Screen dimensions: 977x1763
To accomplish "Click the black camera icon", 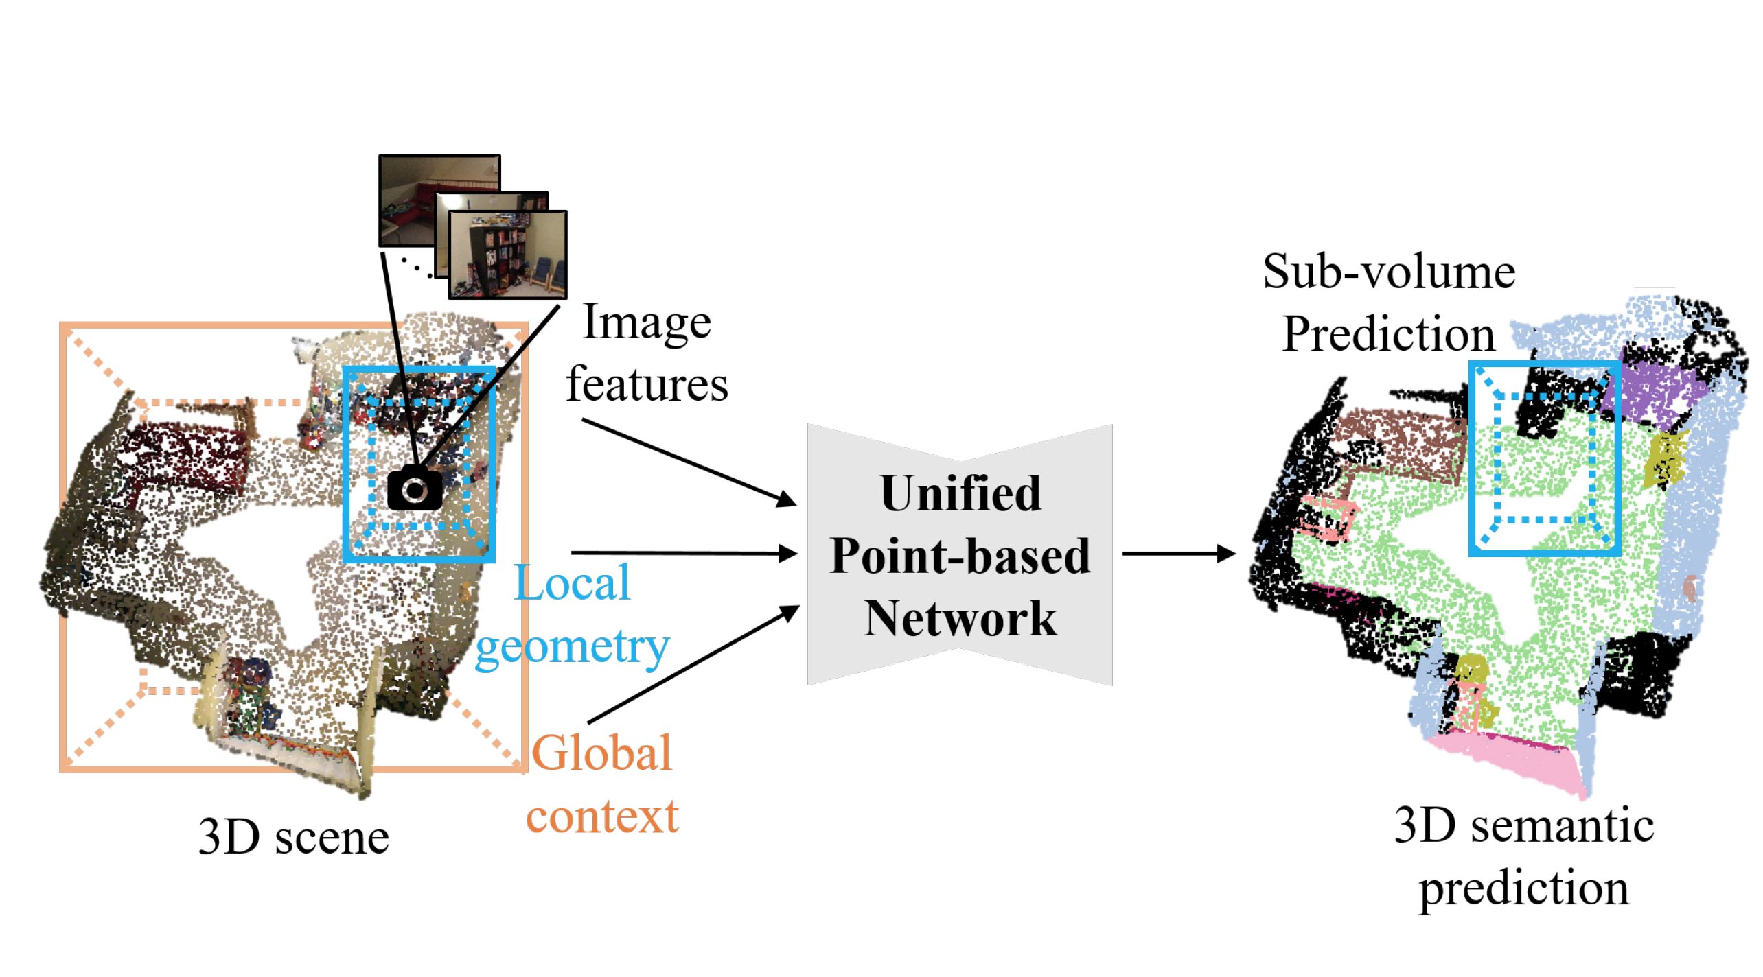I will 415,489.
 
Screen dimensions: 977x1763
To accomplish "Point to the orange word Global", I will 601,753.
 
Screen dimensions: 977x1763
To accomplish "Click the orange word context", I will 601,816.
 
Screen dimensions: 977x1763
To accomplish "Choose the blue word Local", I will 572,582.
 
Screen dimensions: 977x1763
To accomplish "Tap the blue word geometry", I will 572,646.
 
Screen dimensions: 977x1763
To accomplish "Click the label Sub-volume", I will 1388,272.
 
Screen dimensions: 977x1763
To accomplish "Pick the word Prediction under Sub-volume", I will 1388,334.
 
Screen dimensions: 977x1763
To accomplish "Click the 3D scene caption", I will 293,837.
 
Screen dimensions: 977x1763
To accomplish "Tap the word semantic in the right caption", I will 1562,825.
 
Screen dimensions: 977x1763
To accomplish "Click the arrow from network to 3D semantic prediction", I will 1178,553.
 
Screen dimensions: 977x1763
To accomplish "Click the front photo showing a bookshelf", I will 507,255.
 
